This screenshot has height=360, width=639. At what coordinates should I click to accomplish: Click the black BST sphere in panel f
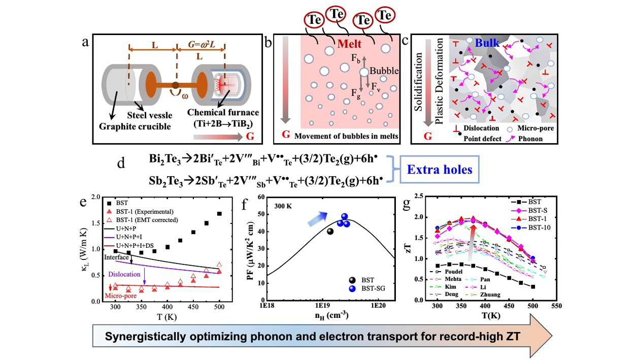[330, 232]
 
